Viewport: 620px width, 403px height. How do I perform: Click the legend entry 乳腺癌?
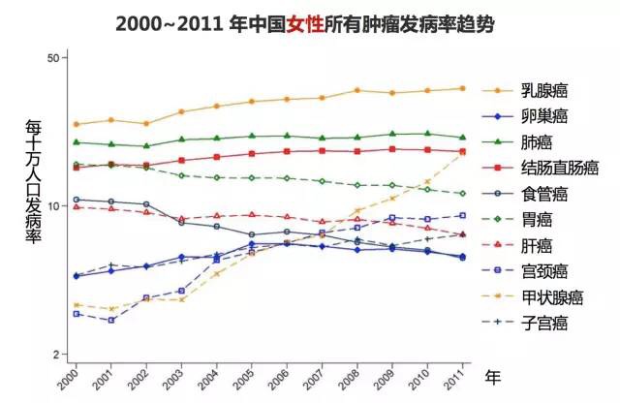coord(542,91)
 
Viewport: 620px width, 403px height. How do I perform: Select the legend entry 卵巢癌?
coord(542,117)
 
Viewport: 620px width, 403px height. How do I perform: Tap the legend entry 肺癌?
coord(536,142)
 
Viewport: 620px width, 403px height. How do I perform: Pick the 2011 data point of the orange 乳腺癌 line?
coord(463,88)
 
